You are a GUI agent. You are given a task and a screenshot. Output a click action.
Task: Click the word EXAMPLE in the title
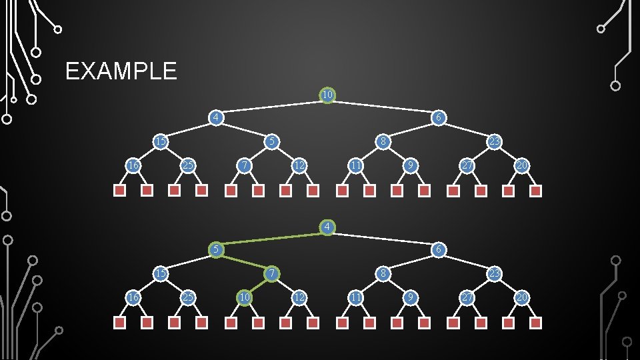pos(121,71)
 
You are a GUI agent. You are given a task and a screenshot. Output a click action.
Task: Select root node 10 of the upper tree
pos(327,95)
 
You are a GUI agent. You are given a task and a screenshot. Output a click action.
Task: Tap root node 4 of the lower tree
pos(327,227)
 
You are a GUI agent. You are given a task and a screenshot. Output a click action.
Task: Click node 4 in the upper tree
pos(215,118)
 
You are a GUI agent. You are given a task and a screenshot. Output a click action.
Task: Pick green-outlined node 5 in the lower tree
pos(215,250)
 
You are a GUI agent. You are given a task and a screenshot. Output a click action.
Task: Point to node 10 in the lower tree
pos(245,297)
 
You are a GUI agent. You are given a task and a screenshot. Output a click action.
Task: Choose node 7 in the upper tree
pos(245,165)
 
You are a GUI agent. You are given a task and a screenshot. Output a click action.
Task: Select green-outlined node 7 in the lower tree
pos(271,273)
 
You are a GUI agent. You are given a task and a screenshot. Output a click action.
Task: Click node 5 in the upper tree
pos(271,141)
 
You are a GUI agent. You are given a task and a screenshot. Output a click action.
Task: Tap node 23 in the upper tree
pos(494,141)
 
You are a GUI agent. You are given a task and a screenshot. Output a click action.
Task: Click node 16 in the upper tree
pos(133,165)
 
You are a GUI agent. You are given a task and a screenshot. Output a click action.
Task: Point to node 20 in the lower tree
pos(522,297)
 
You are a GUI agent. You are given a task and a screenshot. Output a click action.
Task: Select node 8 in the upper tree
pos(383,141)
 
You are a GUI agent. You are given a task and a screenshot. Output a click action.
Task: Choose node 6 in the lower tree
pos(438,250)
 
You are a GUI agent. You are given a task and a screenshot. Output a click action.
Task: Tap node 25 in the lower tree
pos(188,297)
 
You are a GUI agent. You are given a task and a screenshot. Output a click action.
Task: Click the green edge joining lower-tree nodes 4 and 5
pos(271,239)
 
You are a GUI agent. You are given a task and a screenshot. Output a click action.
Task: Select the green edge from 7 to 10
pos(258,285)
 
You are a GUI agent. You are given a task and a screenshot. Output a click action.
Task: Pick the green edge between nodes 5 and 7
pos(243,262)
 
